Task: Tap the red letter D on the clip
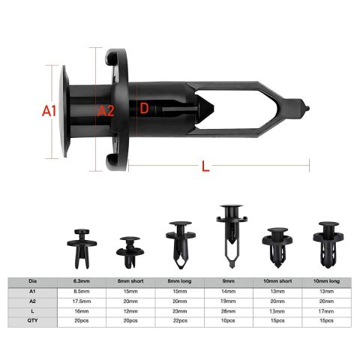[x=144, y=109]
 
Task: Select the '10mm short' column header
[x=277, y=282]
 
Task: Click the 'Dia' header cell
[x=32, y=282]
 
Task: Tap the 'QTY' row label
[x=32, y=321]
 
